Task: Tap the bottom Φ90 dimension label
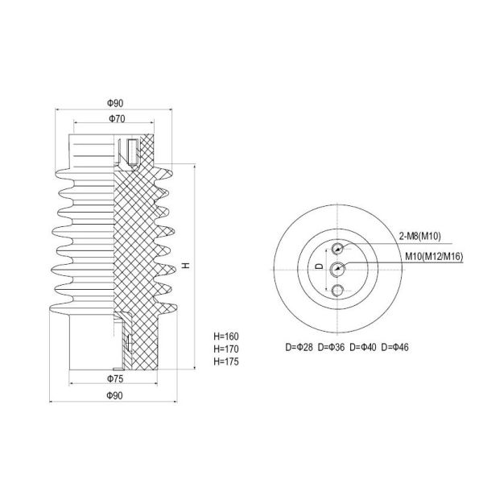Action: click(115, 394)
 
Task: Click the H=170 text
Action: click(226, 349)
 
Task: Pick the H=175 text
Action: click(226, 362)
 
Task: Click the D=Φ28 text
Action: click(299, 348)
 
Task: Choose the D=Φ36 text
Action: click(332, 348)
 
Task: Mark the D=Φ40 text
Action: click(365, 348)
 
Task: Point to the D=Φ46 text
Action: click(398, 348)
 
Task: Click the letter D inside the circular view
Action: click(318, 266)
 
